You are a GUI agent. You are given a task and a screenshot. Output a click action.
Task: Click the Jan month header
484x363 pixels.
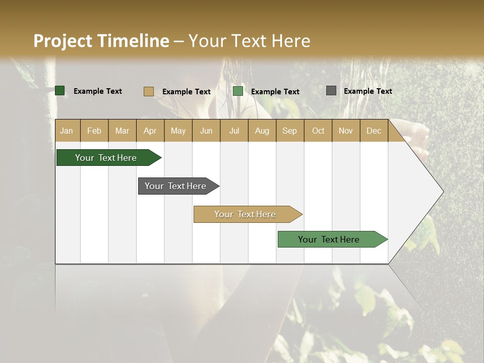click(x=67, y=131)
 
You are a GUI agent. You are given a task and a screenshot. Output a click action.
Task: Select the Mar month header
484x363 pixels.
click(x=122, y=131)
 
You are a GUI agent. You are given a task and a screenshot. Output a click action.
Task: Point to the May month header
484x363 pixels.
click(x=178, y=131)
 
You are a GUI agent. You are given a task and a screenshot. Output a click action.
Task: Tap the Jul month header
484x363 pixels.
click(x=234, y=131)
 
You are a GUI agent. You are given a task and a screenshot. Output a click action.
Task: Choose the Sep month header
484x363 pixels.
click(x=289, y=131)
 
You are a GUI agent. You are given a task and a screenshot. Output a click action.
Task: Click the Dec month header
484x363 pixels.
click(x=374, y=131)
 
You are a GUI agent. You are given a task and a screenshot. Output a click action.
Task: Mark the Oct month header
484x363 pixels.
click(x=318, y=131)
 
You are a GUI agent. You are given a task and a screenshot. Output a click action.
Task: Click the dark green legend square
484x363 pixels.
click(x=60, y=91)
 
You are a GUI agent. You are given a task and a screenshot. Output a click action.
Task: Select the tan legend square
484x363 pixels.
click(x=148, y=91)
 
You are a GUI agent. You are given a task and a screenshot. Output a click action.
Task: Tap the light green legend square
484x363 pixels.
click(x=238, y=91)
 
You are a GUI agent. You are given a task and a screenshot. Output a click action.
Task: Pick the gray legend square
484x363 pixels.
click(x=331, y=91)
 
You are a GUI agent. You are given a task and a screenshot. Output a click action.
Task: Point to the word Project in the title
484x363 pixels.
click(x=63, y=41)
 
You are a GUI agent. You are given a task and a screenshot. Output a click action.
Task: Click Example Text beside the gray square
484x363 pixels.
click(x=368, y=91)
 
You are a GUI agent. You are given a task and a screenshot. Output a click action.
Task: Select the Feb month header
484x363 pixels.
click(x=94, y=131)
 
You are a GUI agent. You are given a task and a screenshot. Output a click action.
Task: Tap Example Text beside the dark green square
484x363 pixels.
click(x=98, y=91)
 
